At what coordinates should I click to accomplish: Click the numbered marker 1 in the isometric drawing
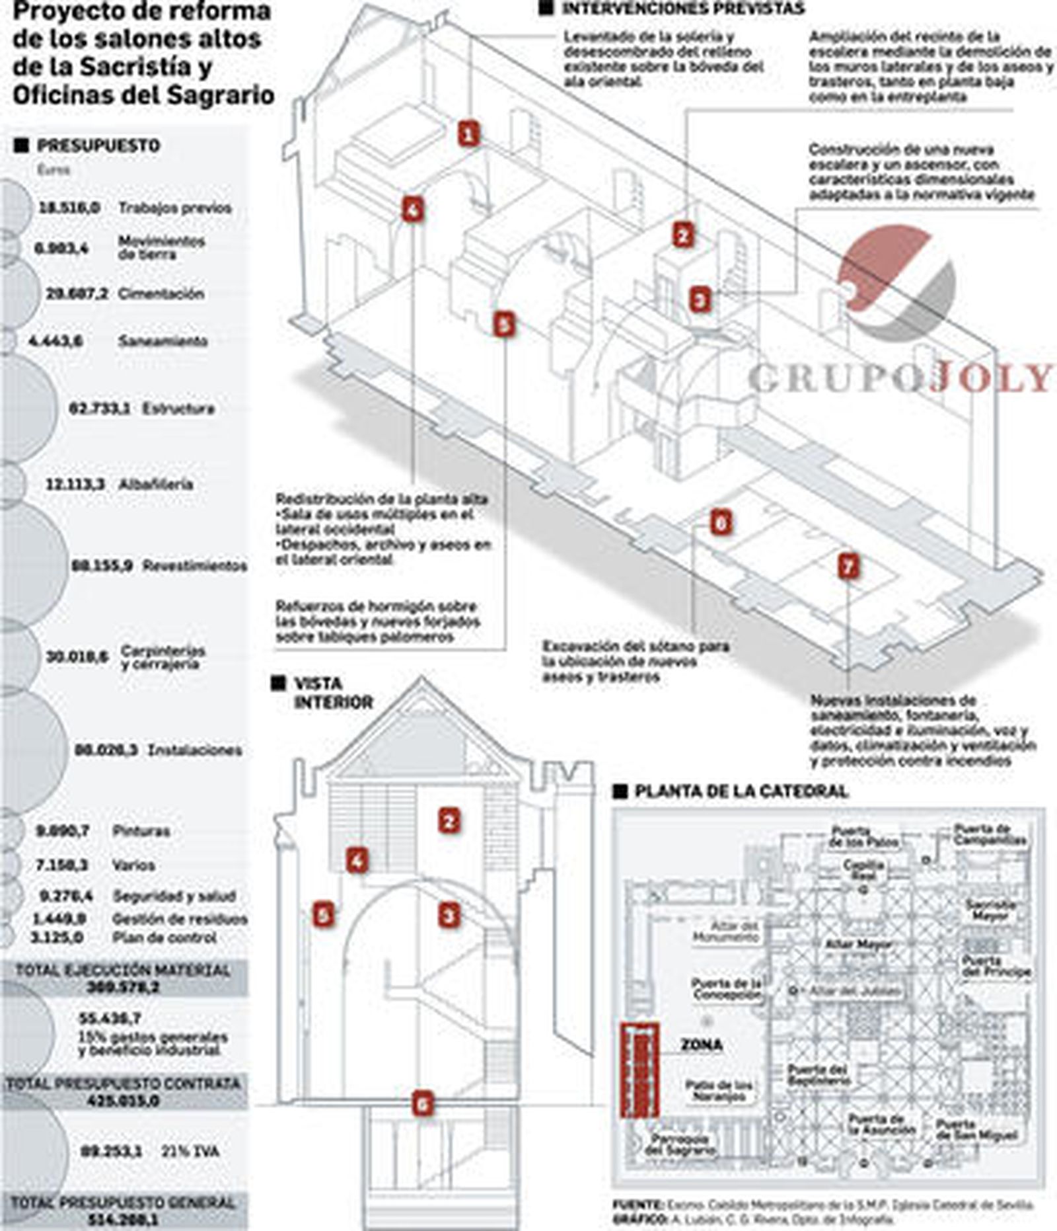(x=468, y=134)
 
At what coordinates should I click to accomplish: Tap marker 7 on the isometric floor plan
(x=848, y=566)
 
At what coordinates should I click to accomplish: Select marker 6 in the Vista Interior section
(x=423, y=1103)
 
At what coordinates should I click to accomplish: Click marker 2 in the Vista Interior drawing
(x=449, y=821)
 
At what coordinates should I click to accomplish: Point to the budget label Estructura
(x=178, y=409)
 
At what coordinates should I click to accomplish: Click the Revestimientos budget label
(x=195, y=566)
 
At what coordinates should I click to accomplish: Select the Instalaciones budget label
(x=195, y=750)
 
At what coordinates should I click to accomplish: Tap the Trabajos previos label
(x=175, y=208)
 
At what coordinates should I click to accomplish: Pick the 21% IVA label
(x=190, y=1151)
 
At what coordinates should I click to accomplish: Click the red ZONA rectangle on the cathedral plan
(x=639, y=1069)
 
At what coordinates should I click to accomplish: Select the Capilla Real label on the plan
(x=863, y=869)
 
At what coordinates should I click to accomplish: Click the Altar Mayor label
(x=858, y=945)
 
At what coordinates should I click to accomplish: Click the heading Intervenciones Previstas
(x=682, y=9)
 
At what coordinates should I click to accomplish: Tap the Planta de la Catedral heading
(x=740, y=791)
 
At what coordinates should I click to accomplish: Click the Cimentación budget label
(x=161, y=294)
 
